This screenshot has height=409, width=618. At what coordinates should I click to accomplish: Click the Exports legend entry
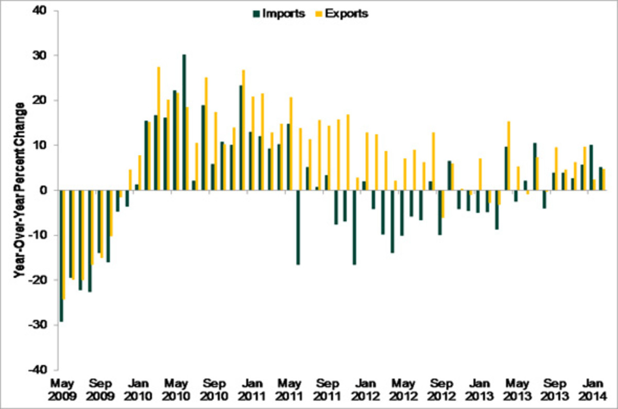345,14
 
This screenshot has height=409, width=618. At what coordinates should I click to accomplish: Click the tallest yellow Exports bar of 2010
159,128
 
